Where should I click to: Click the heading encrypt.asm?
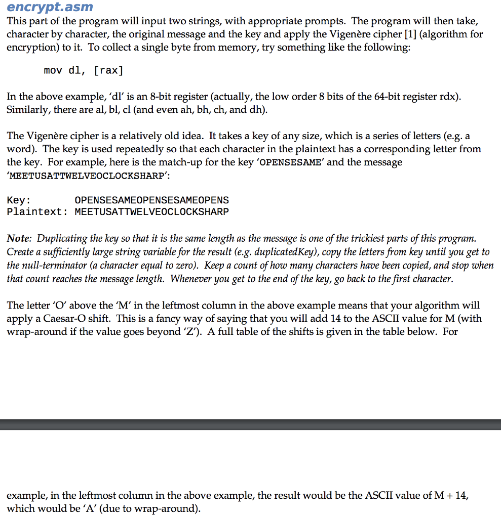pos(50,7)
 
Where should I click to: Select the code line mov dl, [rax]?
pos(84,70)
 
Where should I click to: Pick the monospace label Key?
pos(19,200)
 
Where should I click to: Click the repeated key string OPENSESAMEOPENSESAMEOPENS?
pos(151,200)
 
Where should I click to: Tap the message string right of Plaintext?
pos(151,212)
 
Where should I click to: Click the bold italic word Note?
pos(19,238)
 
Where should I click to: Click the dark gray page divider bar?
pos(250,424)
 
